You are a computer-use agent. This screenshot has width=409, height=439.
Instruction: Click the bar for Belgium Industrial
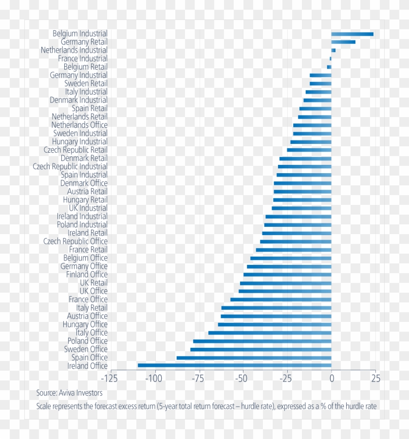click(x=352, y=34)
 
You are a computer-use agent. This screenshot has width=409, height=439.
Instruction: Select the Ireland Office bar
click(x=234, y=365)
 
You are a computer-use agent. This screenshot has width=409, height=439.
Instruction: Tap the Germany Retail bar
click(x=343, y=42)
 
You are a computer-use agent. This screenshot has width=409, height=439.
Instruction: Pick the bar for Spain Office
click(x=254, y=358)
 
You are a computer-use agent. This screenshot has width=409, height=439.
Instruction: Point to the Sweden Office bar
click(x=260, y=349)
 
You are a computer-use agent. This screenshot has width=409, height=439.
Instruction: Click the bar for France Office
click(x=280, y=299)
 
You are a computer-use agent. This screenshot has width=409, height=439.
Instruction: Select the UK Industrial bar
click(x=301, y=208)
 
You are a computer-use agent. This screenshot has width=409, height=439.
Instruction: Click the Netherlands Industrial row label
click(x=74, y=50)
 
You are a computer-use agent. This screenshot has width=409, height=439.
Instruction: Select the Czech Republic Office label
click(x=75, y=241)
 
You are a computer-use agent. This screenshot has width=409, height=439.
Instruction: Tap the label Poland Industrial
click(x=82, y=225)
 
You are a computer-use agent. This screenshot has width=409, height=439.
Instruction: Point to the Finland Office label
click(x=87, y=275)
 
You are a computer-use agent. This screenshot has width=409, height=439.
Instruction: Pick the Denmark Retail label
click(x=84, y=159)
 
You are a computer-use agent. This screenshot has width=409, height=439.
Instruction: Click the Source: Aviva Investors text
click(x=69, y=393)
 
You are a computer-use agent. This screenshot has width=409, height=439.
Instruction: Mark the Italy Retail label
click(x=92, y=308)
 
